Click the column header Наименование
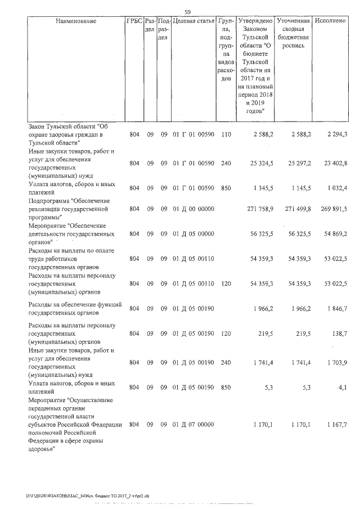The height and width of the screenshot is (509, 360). pos(76,21)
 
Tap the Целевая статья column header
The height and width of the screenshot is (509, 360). pos(193,21)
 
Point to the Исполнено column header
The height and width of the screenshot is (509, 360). pos(331,21)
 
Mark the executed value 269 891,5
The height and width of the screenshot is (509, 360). pos(334,209)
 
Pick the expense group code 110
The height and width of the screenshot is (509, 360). pos(226,134)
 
